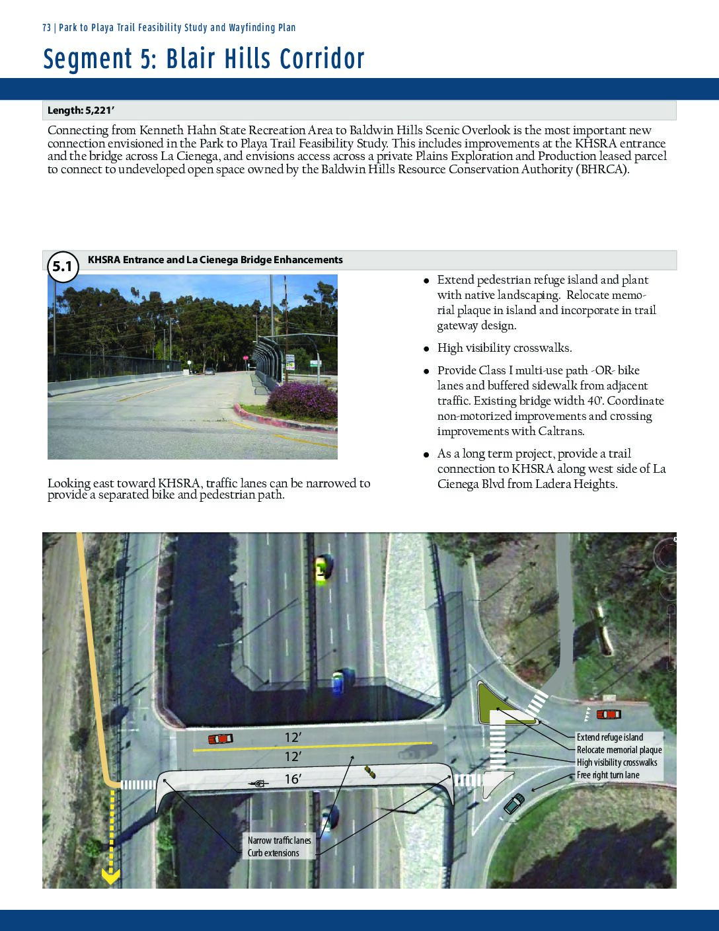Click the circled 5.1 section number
point(61,267)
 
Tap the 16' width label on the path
point(293,780)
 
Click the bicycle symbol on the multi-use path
point(258,784)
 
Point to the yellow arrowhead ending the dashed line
point(110,877)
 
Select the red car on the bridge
point(220,739)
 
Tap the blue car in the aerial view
point(339,682)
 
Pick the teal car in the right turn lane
point(514,803)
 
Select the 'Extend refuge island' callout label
point(609,737)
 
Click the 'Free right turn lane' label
point(607,775)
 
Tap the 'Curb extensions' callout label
point(274,853)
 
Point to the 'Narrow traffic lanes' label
point(279,840)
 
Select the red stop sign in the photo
point(244,358)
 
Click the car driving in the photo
point(209,372)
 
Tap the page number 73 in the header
point(46,28)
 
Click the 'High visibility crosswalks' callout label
point(617,762)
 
